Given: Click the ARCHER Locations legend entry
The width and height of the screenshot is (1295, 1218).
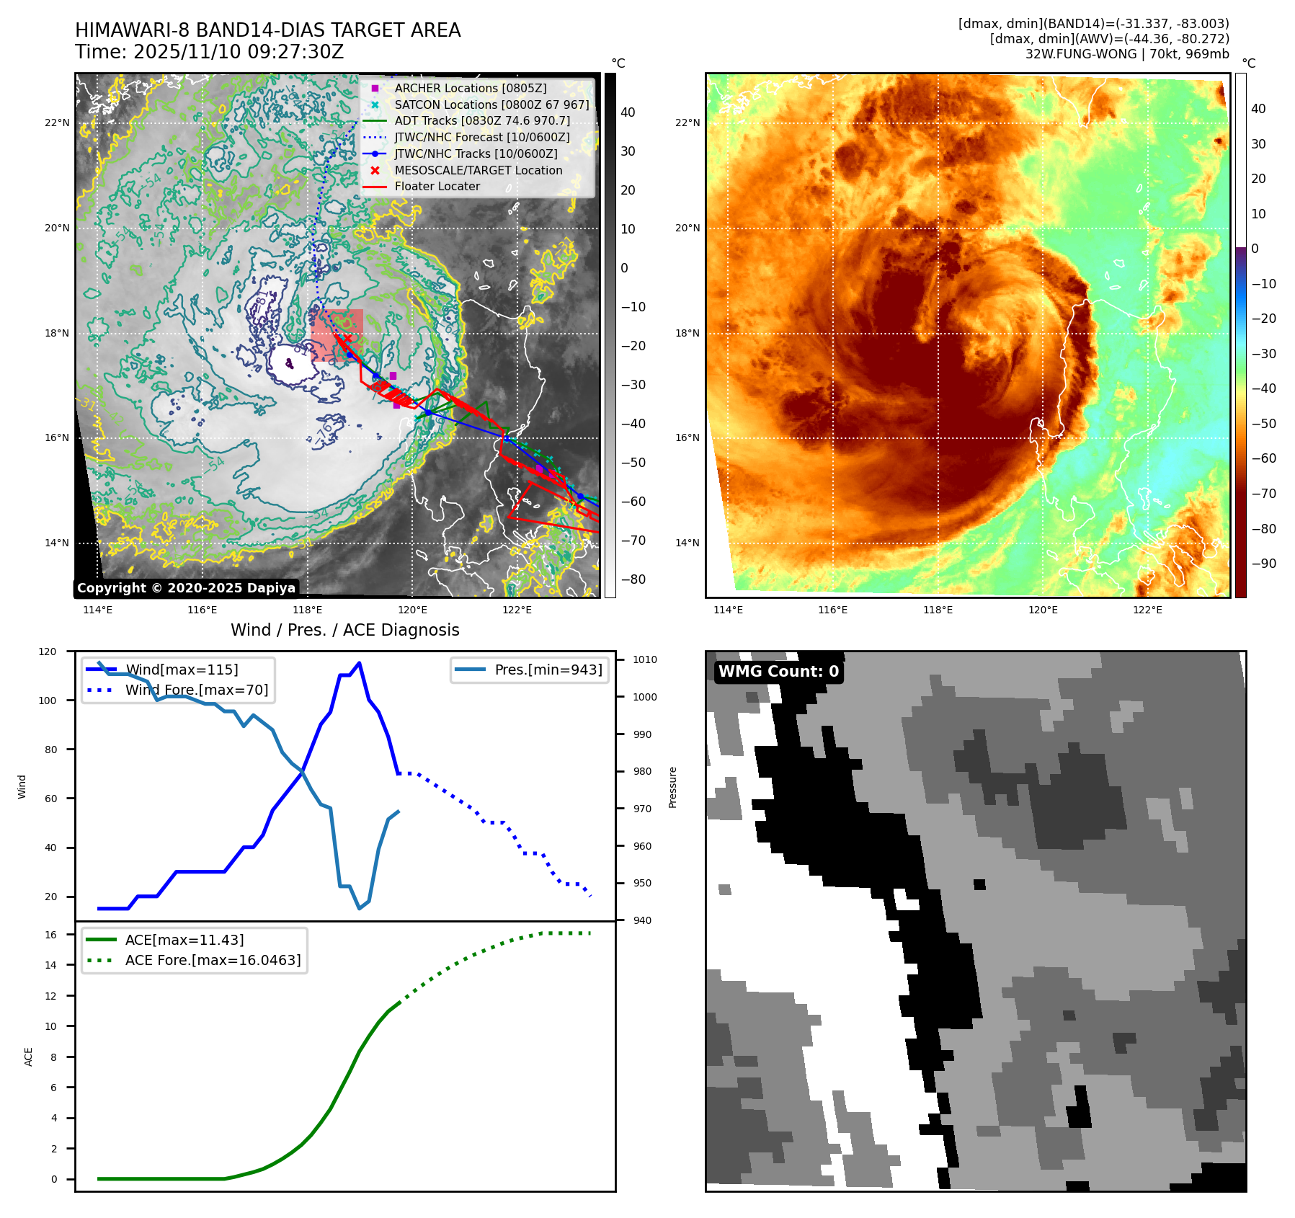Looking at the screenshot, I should (470, 88).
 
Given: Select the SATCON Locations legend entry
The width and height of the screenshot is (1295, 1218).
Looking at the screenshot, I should (491, 105).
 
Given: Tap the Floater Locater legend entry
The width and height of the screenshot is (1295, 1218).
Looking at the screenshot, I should (437, 186).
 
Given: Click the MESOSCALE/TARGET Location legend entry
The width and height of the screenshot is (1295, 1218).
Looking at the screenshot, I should (478, 170).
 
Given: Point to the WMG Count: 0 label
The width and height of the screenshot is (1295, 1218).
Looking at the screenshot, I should (778, 672).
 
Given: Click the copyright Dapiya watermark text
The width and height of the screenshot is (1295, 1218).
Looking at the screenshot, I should (186, 588).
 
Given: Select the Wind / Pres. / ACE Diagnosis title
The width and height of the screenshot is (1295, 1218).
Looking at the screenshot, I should (344, 630).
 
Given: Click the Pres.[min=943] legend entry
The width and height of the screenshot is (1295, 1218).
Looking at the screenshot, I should (548, 670).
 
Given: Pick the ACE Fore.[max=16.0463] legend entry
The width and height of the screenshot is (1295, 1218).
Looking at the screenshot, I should (213, 960).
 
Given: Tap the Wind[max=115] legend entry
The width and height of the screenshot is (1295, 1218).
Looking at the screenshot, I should (181, 670).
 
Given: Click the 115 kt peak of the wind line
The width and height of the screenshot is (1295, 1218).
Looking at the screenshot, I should (359, 663).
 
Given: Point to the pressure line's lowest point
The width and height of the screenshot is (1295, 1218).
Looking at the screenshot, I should (359, 908).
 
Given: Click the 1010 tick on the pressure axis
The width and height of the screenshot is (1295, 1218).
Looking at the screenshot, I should (645, 659).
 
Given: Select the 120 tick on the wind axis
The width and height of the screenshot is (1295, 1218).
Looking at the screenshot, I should (48, 652).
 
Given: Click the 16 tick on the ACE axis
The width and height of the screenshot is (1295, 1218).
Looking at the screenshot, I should (50, 935).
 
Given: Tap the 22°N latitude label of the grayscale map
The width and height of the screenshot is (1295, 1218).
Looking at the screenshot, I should (57, 123).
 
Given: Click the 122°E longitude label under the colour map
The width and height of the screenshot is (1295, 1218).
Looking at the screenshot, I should (1147, 610).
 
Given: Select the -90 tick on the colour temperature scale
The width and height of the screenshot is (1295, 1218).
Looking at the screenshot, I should (1263, 564).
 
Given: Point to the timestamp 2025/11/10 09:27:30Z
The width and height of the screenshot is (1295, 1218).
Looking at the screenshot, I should (239, 53).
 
